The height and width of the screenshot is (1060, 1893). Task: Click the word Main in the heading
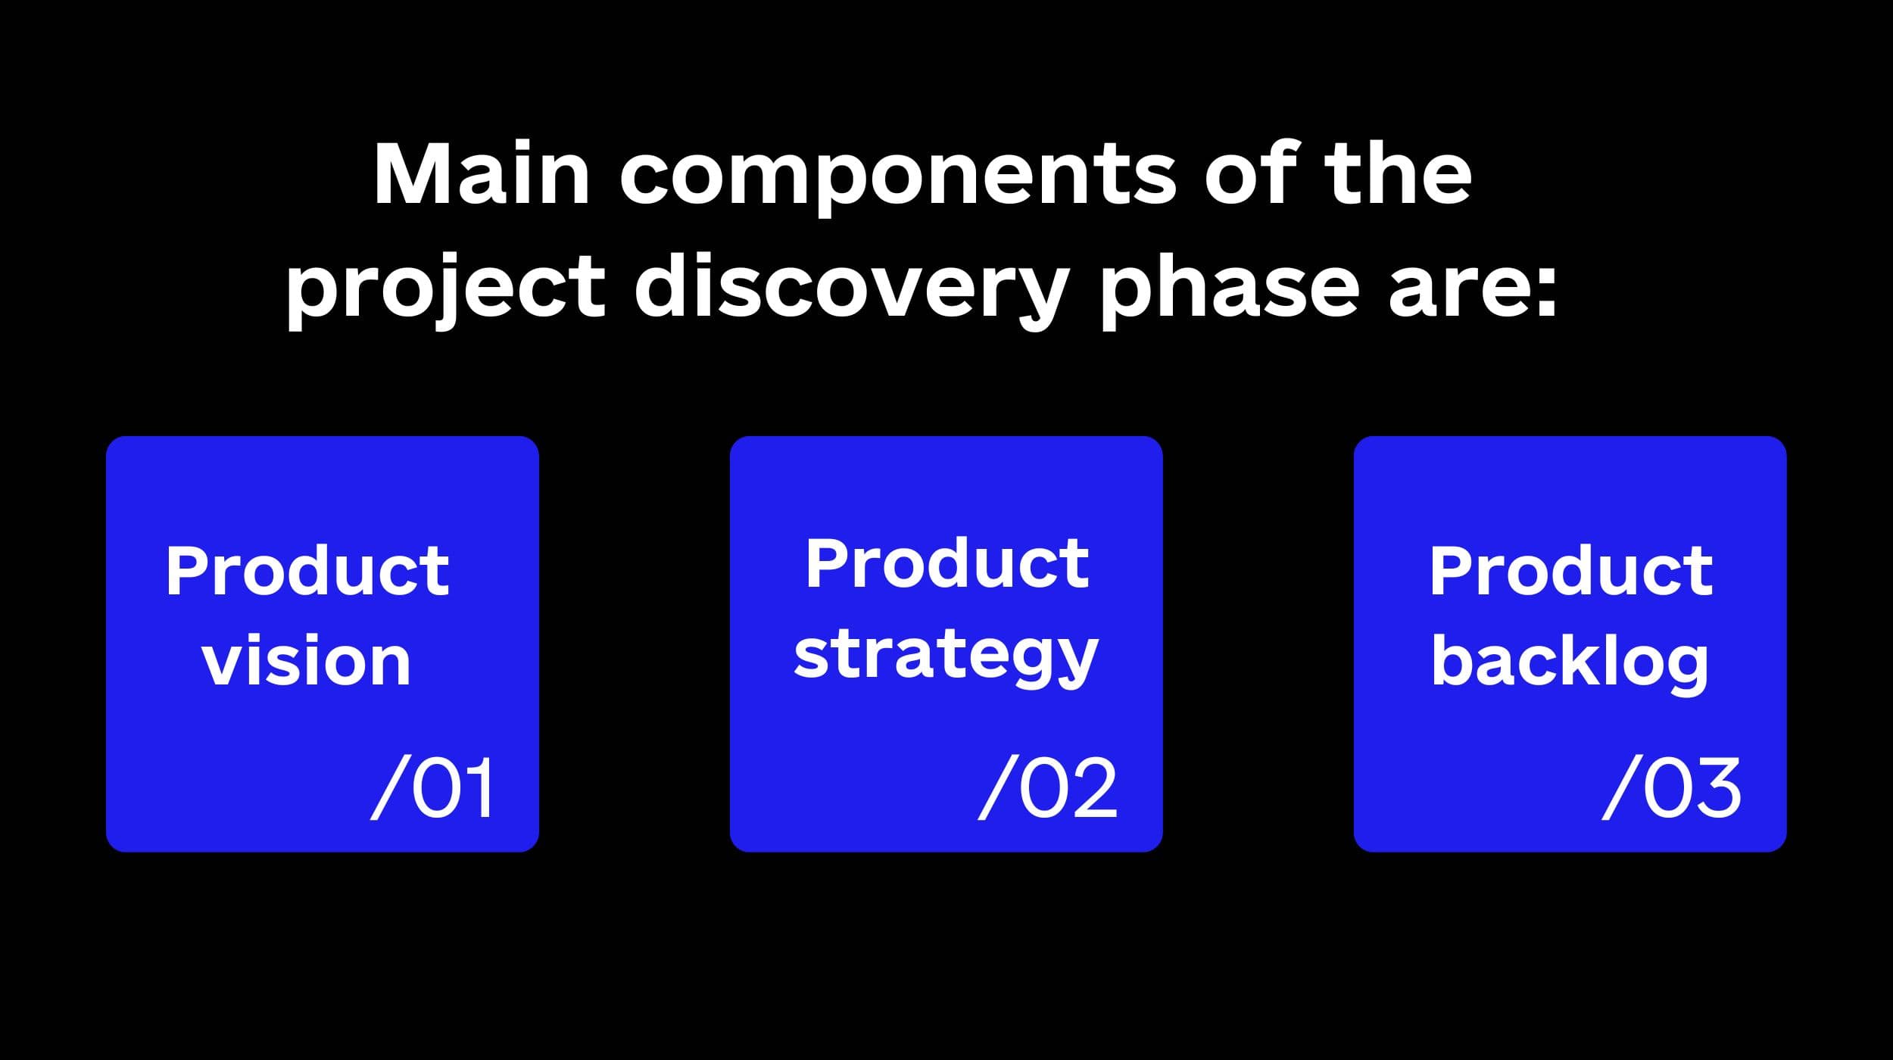point(482,173)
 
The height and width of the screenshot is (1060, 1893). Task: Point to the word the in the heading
point(1398,173)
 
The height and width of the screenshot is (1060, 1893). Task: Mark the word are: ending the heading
point(1472,295)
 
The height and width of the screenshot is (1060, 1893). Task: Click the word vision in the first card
point(307,660)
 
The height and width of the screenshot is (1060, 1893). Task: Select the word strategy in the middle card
point(946,657)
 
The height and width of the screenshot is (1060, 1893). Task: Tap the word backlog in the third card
point(1569,661)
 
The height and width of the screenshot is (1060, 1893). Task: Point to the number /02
point(1047,787)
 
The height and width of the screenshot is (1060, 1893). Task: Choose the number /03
point(1671,787)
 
